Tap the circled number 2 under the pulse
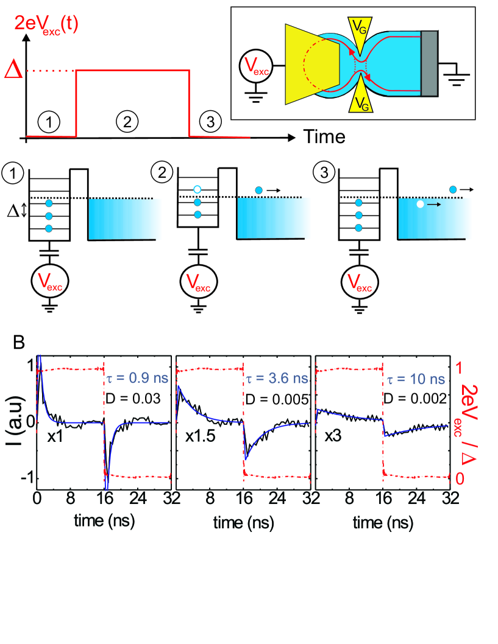(x=126, y=122)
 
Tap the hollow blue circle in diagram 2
(x=196, y=190)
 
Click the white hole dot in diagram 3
(x=420, y=205)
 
